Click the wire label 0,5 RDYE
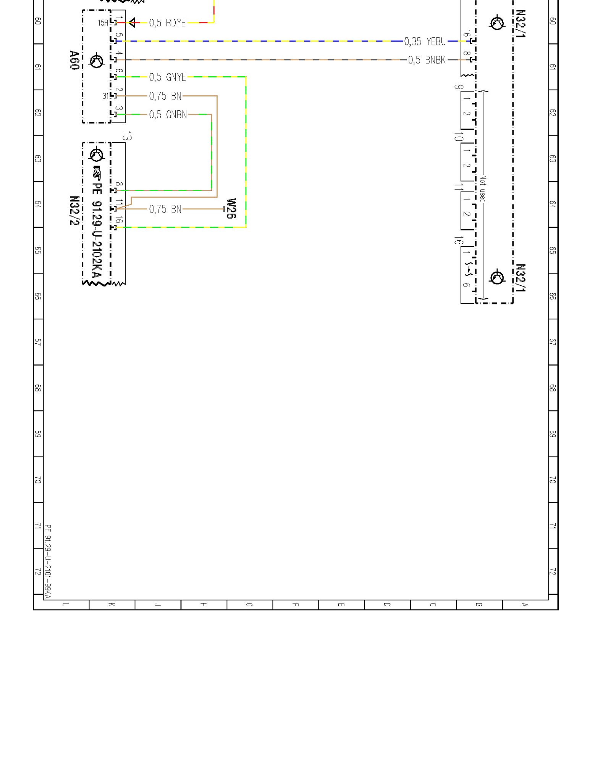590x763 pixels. [x=167, y=23]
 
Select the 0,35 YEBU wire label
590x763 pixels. [x=425, y=41]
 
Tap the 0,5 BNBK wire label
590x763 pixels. [x=427, y=60]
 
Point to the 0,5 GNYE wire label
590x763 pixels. [x=168, y=77]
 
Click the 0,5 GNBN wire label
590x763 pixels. [x=168, y=114]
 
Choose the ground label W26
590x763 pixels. [x=231, y=209]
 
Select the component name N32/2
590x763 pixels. [x=74, y=211]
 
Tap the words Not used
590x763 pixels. [x=483, y=189]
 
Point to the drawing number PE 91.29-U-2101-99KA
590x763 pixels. [x=48, y=561]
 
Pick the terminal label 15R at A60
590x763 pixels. [x=103, y=23]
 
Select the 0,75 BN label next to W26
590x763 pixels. [x=165, y=209]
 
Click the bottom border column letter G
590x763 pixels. [x=249, y=605]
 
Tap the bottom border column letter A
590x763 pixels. [x=525, y=605]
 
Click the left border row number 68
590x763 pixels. [x=38, y=388]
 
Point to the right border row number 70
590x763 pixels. [x=552, y=480]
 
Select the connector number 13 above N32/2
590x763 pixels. [x=127, y=136]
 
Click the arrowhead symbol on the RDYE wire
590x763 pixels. [x=132, y=23]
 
